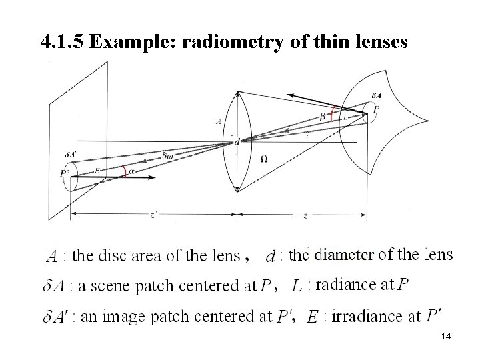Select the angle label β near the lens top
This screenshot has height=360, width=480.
click(x=323, y=116)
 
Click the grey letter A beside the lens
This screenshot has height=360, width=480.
click(x=218, y=121)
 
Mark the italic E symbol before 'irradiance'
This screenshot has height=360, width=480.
click(x=312, y=319)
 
